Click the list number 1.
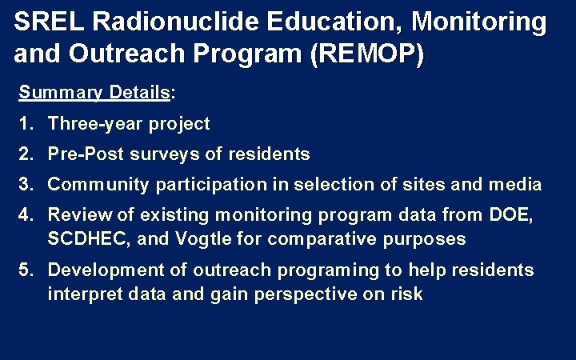25,124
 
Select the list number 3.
25,185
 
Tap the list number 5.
25,270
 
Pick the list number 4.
25,214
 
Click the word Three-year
89,124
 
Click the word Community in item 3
98,185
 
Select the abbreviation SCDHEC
90,238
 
